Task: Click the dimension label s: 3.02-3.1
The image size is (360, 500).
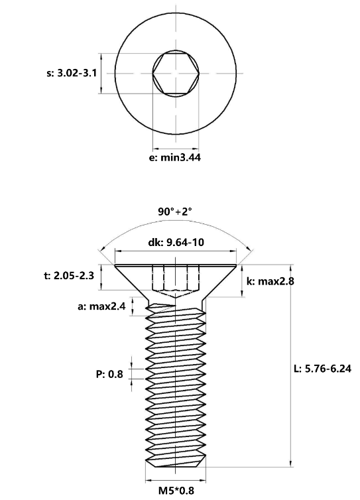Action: [x=72, y=74]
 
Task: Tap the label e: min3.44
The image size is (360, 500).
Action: [x=175, y=157]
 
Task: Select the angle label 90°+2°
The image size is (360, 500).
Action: [x=175, y=212]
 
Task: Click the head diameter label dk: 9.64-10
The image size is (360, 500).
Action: [x=176, y=242]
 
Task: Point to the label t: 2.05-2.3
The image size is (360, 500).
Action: [x=69, y=275]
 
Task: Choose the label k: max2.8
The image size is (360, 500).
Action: [x=270, y=281]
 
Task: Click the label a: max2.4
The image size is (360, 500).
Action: [x=101, y=306]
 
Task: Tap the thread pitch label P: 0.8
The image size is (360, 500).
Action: [x=109, y=374]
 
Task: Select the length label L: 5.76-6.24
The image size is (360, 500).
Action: [x=322, y=369]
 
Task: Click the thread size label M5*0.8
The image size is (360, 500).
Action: [x=176, y=490]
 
